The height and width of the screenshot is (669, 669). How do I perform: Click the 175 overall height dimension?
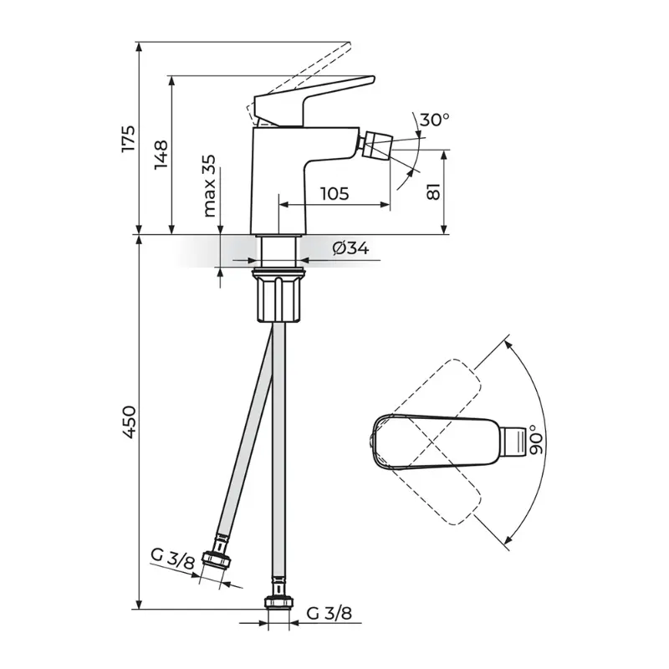128,138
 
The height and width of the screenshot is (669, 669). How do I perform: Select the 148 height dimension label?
161,155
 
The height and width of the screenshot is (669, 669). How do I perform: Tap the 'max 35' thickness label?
209,186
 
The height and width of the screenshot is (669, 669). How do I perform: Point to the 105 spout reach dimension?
334,194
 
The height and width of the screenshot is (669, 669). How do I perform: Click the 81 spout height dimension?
433,192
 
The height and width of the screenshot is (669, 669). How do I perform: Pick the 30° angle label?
434,120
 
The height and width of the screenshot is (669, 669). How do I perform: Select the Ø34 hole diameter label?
350,248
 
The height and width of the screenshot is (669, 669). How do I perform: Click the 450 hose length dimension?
128,421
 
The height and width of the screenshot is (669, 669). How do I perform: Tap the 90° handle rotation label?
535,440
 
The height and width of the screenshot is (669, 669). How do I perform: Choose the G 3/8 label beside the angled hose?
172,558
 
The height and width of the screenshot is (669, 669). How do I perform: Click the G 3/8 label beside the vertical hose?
329,614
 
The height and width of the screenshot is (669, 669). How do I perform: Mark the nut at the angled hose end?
216,559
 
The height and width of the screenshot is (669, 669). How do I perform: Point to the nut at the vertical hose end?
279,602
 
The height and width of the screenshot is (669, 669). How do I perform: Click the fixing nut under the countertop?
279,295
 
